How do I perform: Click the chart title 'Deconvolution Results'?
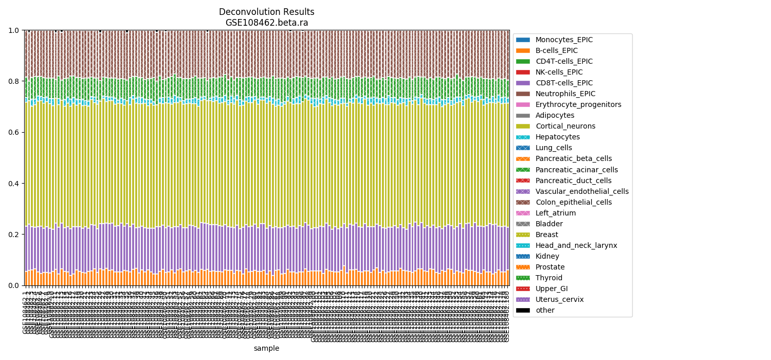[x=266, y=12]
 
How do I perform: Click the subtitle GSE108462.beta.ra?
[x=266, y=23]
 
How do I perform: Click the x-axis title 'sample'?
[x=266, y=348]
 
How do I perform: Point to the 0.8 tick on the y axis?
[x=14, y=81]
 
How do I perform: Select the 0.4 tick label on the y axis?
[x=14, y=184]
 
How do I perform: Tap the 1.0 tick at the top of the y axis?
[x=14, y=30]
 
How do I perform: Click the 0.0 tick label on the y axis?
[x=14, y=285]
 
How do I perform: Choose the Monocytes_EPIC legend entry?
[x=564, y=40]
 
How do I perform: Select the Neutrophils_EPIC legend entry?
[x=565, y=94]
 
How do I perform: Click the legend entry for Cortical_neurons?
[x=565, y=126]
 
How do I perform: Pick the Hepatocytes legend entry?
[x=557, y=137]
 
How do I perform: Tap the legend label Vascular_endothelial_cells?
[x=582, y=191]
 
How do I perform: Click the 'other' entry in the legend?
[x=545, y=310]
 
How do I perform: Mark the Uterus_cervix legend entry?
[x=559, y=299]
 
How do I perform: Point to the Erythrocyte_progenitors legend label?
[x=578, y=104]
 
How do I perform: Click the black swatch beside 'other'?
[x=523, y=310]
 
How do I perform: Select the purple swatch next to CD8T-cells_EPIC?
[x=523, y=83]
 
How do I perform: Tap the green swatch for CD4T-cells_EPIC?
[x=523, y=61]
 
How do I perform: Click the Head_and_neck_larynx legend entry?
[x=576, y=245]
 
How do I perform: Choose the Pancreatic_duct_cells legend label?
[x=573, y=181]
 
